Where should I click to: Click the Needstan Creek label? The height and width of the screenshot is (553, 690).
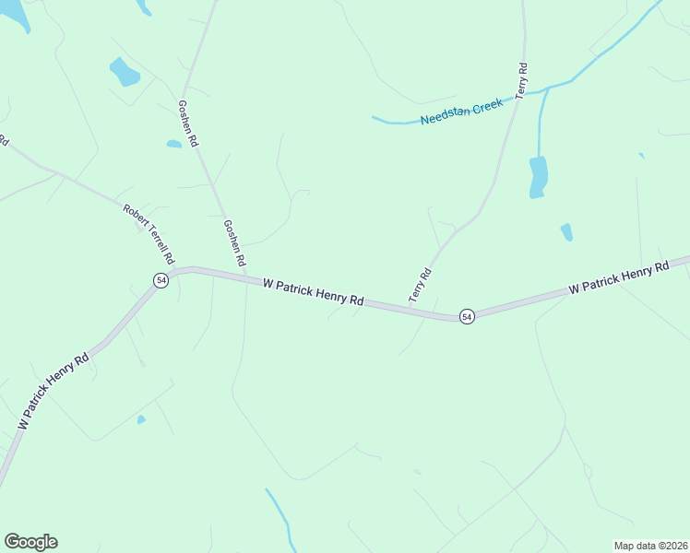(x=461, y=112)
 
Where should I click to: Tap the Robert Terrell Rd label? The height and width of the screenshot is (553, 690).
(x=149, y=234)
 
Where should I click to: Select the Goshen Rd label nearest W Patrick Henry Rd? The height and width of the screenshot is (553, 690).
(x=234, y=243)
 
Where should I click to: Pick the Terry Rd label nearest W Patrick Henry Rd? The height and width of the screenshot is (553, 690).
(x=421, y=285)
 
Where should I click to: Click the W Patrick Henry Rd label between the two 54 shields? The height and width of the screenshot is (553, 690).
(x=314, y=293)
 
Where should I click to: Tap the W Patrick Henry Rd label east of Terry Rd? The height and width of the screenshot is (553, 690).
(x=618, y=276)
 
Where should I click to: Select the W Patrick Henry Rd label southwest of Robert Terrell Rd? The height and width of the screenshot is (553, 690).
(x=53, y=390)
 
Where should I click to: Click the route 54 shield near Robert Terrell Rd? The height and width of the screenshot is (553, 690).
(x=161, y=280)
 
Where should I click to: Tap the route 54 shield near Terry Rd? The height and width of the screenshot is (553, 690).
(x=467, y=316)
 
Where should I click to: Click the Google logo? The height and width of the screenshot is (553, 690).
(x=30, y=542)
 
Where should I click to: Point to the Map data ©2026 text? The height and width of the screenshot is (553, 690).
(x=650, y=546)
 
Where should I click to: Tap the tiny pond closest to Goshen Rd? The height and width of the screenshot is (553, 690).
(x=173, y=144)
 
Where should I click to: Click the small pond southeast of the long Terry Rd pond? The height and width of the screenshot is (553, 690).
(x=566, y=232)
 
